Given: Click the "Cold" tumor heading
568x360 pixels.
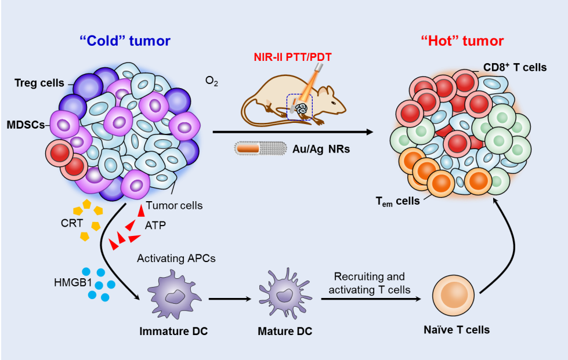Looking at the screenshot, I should coord(125,41).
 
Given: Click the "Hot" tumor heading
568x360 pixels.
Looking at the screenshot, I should coord(462,41).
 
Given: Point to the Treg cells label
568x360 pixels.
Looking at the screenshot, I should coord(39,83).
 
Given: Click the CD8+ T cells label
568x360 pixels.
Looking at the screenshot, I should coord(515,67).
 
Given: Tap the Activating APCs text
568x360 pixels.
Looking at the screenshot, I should coord(176,259).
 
